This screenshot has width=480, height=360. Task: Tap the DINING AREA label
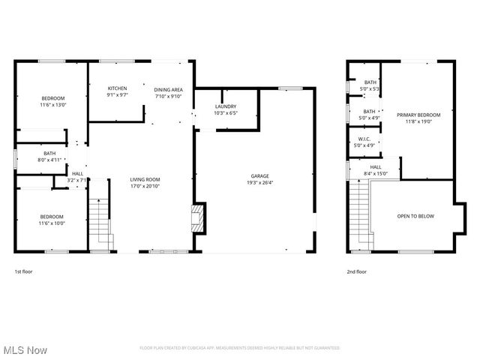click(168, 89)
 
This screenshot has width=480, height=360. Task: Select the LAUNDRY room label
click(225, 106)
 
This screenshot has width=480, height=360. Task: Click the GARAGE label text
click(260, 176)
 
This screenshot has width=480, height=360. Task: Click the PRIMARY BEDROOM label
click(418, 115)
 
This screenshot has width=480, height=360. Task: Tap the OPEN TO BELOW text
click(415, 216)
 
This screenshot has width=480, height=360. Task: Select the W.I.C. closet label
click(364, 139)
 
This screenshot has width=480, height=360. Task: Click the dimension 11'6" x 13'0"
click(52, 105)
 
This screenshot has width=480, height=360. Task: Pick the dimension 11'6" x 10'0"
click(52, 223)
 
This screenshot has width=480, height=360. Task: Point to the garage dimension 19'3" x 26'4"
click(260, 183)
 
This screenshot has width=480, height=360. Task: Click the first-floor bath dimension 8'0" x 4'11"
click(49, 160)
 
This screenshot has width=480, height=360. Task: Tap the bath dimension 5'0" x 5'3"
click(370, 88)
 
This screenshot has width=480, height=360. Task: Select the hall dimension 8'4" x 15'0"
click(375, 173)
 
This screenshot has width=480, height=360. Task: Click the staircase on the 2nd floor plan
click(361, 214)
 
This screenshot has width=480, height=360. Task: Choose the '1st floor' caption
click(23, 271)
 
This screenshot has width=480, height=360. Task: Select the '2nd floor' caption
click(356, 271)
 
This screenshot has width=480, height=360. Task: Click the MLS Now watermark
click(25, 349)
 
